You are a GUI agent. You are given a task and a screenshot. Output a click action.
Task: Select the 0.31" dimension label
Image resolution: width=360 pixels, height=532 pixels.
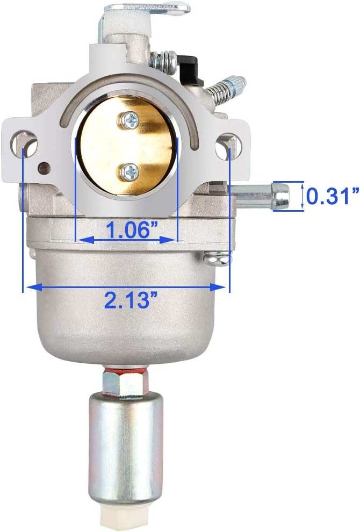tap(332, 196)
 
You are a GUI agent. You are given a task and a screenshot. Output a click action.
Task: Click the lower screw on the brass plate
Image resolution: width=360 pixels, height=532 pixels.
tap(130, 171)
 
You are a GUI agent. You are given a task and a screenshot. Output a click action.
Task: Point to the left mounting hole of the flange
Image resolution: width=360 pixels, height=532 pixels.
tap(24, 144)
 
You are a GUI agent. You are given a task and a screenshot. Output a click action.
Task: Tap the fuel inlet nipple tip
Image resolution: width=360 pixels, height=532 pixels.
tap(281, 196)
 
